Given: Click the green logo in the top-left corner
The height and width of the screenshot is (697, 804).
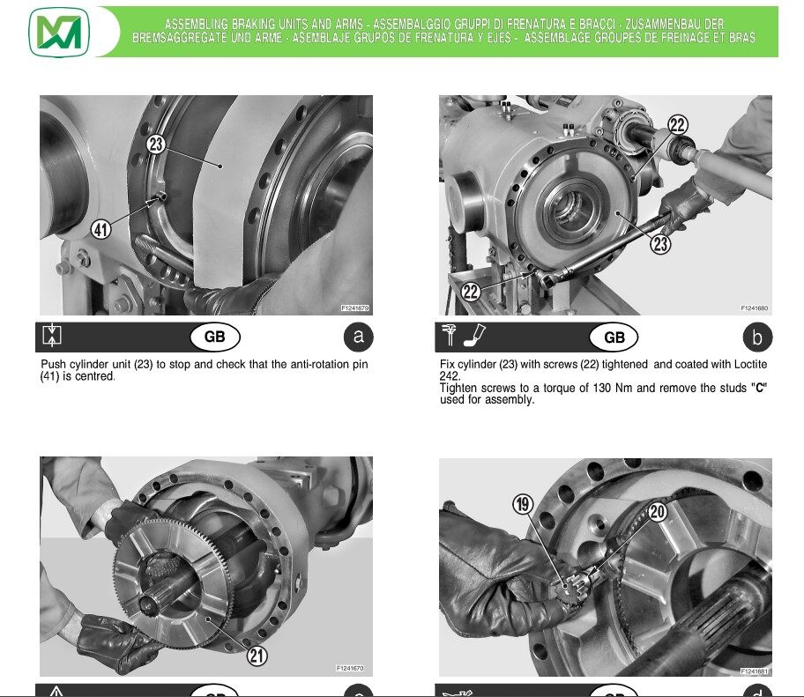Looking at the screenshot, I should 59,32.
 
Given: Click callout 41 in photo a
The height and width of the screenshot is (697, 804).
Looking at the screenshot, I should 101,230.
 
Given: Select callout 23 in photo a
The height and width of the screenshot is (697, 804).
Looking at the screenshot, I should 156,145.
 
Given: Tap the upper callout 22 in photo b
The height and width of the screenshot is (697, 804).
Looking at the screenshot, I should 677,126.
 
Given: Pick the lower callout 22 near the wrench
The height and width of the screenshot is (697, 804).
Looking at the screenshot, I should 472,292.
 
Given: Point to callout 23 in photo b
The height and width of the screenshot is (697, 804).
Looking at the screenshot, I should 661,244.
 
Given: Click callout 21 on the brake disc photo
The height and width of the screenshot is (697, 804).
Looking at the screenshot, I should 257,656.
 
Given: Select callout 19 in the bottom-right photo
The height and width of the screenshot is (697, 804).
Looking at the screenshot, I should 523,505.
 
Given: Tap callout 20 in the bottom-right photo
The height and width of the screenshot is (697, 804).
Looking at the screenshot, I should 657,511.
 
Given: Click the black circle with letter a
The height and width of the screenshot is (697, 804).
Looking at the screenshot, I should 357,337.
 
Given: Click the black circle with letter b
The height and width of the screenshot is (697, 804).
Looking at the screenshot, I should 756,337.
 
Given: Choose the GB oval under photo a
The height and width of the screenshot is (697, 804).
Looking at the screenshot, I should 215,337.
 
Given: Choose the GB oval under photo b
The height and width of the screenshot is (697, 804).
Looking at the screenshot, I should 614,337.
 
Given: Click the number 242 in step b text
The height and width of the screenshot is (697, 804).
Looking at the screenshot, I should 450,375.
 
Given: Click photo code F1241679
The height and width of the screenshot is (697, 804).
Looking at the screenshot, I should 355,308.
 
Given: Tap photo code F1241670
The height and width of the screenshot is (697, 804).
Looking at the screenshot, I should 350,669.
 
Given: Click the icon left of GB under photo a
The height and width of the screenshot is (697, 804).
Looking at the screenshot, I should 53,336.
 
